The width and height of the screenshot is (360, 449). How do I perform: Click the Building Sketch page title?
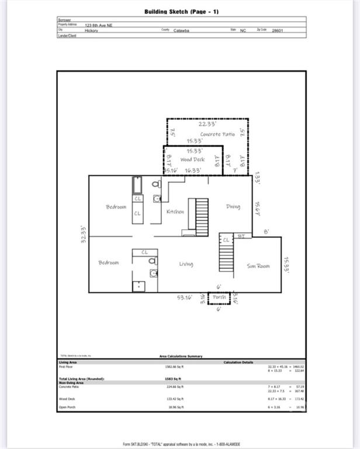[x=182, y=12]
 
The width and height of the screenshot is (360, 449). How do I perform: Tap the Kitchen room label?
[x=175, y=212]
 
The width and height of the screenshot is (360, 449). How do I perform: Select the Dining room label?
[x=233, y=206]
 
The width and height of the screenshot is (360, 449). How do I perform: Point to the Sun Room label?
[x=258, y=266]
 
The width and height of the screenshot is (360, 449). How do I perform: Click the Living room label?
[x=186, y=264]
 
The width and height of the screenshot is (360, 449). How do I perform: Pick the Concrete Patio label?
[x=217, y=134]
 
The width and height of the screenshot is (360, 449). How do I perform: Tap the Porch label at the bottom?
[x=219, y=297]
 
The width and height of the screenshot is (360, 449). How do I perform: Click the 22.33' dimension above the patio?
[x=207, y=124]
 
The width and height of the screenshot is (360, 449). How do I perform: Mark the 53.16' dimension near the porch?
[x=185, y=298]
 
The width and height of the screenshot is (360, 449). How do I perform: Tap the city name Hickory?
[x=91, y=31]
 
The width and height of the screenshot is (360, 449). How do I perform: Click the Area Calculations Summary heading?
[x=181, y=356]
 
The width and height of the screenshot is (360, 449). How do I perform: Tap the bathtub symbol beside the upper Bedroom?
[x=137, y=185]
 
